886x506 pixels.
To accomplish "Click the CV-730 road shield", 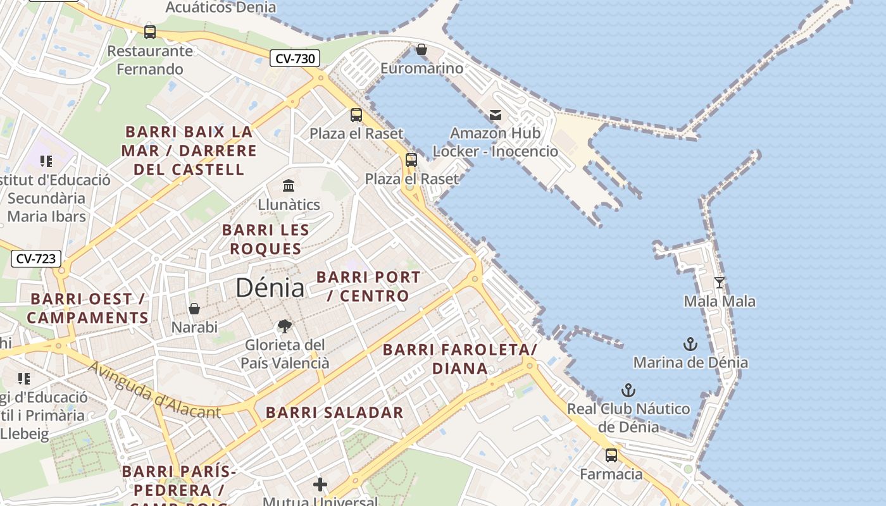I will tap(295, 59).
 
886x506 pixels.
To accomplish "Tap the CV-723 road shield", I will tap(36, 259).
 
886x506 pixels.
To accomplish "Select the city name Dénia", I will tap(270, 288).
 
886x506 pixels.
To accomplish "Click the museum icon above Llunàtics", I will tap(289, 185).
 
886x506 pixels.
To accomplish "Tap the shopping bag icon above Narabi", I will tap(194, 309).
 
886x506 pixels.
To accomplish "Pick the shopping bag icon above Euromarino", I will tap(421, 49).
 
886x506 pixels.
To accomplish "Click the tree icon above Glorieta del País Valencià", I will tap(285, 326).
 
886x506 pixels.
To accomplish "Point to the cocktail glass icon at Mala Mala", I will tap(719, 282).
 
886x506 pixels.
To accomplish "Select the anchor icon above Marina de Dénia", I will tap(690, 344).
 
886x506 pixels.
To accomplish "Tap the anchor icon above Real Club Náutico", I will tap(628, 390).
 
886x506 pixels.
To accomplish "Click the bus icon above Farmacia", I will tap(611, 455).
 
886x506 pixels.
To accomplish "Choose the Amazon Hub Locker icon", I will tap(496, 114).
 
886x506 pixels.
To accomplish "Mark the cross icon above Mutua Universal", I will tap(320, 484).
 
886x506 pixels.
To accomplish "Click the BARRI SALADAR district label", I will tap(334, 412).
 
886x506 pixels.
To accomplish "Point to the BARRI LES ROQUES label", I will tap(266, 239).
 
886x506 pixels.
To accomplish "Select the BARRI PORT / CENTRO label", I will tap(368, 286).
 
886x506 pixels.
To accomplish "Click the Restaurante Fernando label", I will tap(150, 59).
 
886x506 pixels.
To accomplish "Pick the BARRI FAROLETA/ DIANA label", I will tap(460, 359).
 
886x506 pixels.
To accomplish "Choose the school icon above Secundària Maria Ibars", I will tap(46, 161).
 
